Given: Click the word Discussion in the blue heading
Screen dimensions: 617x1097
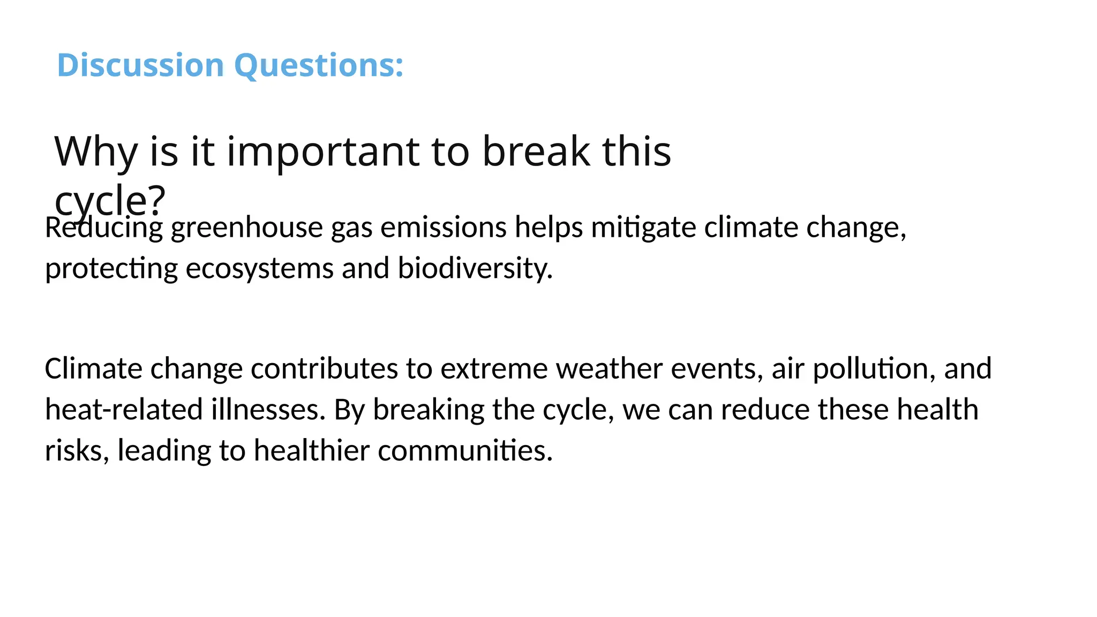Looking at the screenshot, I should click(x=140, y=65).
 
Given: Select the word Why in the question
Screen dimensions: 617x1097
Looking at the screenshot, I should click(x=96, y=152).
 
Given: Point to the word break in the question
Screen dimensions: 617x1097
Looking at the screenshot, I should click(x=536, y=152).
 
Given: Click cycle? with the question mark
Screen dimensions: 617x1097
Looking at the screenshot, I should click(x=110, y=199).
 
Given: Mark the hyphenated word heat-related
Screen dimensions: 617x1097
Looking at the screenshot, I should click(x=124, y=410).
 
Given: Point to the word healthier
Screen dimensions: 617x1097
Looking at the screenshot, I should click(x=311, y=450).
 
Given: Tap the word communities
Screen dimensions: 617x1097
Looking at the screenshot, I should click(x=465, y=450).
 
